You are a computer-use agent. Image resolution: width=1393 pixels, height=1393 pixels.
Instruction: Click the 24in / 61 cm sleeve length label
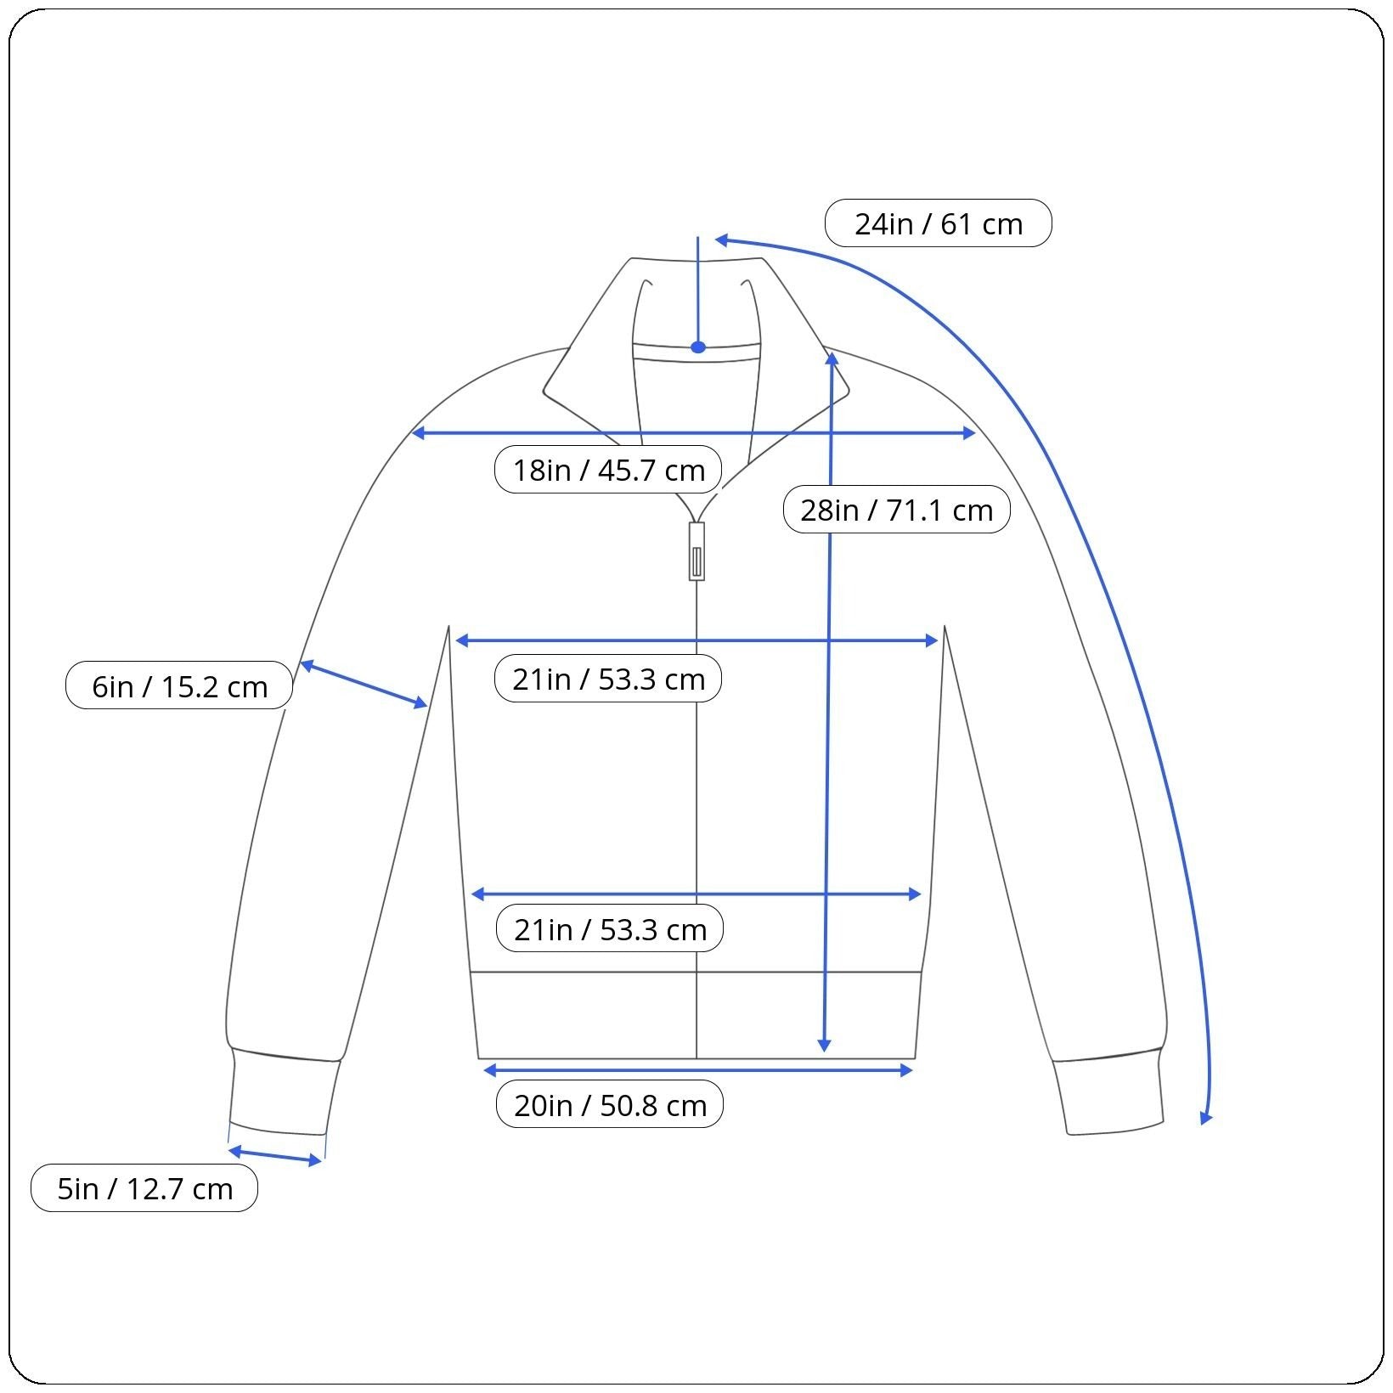pyautogui.click(x=938, y=223)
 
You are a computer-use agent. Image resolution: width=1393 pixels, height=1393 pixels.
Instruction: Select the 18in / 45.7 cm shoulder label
pyautogui.click(x=608, y=469)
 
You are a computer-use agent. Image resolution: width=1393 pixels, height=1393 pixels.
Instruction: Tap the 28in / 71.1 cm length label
pyautogui.click(x=896, y=510)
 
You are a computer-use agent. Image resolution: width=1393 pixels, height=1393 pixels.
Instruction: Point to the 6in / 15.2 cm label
pyautogui.click(x=179, y=685)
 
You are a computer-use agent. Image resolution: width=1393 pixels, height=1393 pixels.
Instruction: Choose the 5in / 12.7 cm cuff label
pyautogui.click(x=144, y=1188)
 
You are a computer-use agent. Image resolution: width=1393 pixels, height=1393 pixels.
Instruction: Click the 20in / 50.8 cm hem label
pyautogui.click(x=610, y=1105)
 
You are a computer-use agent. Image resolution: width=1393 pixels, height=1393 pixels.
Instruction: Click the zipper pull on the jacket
pyautogui.click(x=696, y=551)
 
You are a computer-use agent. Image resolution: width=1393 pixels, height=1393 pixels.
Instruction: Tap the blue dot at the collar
pyautogui.click(x=698, y=347)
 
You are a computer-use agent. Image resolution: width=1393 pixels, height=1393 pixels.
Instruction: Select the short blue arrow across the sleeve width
pyautogui.click(x=364, y=685)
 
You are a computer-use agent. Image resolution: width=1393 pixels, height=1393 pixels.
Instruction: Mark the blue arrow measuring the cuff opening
pyautogui.click(x=276, y=1156)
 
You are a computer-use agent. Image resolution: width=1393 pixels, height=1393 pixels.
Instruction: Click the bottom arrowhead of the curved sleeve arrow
pyautogui.click(x=1205, y=1118)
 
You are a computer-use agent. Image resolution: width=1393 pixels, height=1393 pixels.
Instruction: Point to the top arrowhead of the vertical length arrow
pyautogui.click(x=832, y=359)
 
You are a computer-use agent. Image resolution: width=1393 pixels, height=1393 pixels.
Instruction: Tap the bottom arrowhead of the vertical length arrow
pyautogui.click(x=824, y=1045)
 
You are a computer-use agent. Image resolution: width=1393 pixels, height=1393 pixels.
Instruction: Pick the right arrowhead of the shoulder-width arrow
pyautogui.click(x=968, y=433)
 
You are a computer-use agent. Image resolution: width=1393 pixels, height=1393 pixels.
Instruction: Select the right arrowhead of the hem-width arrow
pyautogui.click(x=905, y=1070)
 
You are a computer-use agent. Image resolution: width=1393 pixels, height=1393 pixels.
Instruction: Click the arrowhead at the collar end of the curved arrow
pyautogui.click(x=723, y=240)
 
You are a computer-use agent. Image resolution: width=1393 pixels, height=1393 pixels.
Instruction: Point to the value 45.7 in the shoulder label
pyautogui.click(x=626, y=469)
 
